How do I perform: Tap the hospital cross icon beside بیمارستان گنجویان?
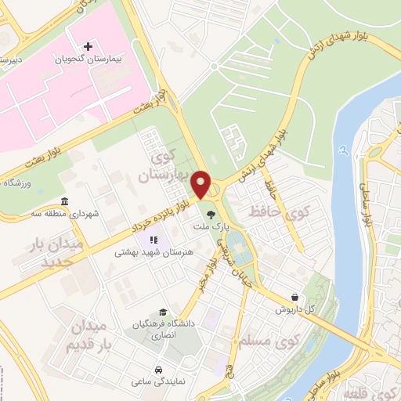click(x=89, y=47)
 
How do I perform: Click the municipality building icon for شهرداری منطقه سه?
click(x=63, y=202)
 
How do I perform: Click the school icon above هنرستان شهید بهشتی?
click(x=154, y=240)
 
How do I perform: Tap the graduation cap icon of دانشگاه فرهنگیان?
click(x=162, y=312)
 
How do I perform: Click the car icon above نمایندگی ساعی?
click(x=159, y=368)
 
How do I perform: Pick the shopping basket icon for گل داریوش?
click(x=294, y=298)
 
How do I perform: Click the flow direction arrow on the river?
click(x=341, y=148)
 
